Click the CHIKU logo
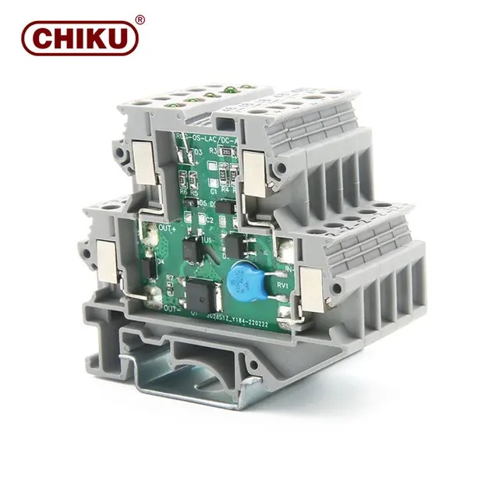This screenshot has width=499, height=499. pos(80,37)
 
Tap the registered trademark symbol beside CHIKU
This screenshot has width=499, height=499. pos(140,19)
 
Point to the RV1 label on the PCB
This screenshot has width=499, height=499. pos(282,285)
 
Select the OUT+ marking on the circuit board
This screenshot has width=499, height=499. pos(167,228)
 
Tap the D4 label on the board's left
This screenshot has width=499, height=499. pos(160,262)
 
